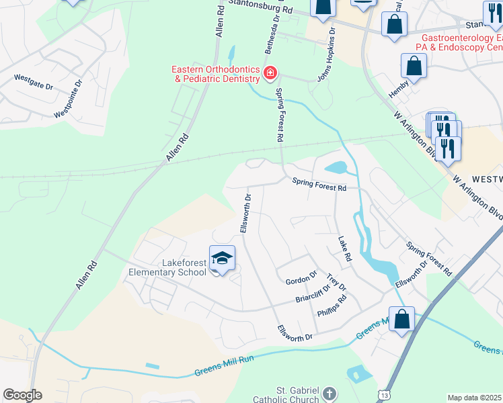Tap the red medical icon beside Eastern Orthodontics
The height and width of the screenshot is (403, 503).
(x=270, y=73)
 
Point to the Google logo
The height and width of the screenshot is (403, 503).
(x=22, y=395)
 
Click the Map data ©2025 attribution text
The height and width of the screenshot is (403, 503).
(x=475, y=398)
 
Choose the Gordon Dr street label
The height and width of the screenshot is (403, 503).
(x=301, y=276)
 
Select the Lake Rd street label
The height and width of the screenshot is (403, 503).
(x=345, y=249)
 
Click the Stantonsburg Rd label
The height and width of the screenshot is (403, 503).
(x=260, y=8)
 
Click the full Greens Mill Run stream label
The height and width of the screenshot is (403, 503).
(x=225, y=369)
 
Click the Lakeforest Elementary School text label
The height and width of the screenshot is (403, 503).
(x=168, y=268)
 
